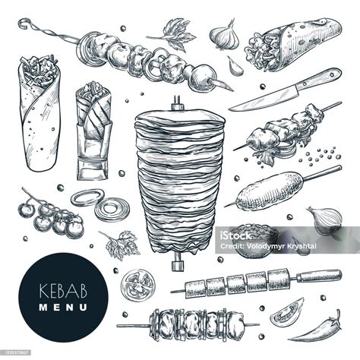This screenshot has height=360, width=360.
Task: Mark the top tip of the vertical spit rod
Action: tap(175, 99)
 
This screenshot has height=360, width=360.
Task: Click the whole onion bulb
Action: tap(324, 219)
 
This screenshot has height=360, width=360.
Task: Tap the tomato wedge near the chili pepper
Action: tap(287, 312)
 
